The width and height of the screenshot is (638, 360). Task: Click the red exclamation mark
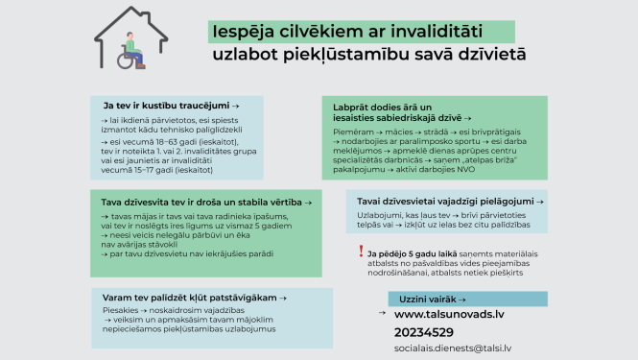pyautogui.click(x=360, y=252)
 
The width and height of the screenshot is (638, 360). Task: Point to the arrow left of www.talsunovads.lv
pyautogui.click(x=382, y=314)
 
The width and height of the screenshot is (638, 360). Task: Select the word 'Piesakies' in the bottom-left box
pyautogui.click(x=120, y=311)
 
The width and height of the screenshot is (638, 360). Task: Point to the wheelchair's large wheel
pyautogui.click(x=126, y=60)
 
